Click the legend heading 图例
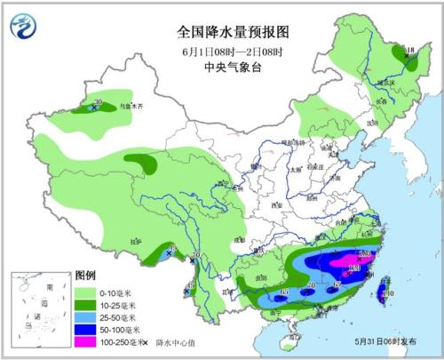pos(86,275)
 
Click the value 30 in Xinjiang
pos(97,102)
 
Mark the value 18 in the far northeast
pos(409,49)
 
